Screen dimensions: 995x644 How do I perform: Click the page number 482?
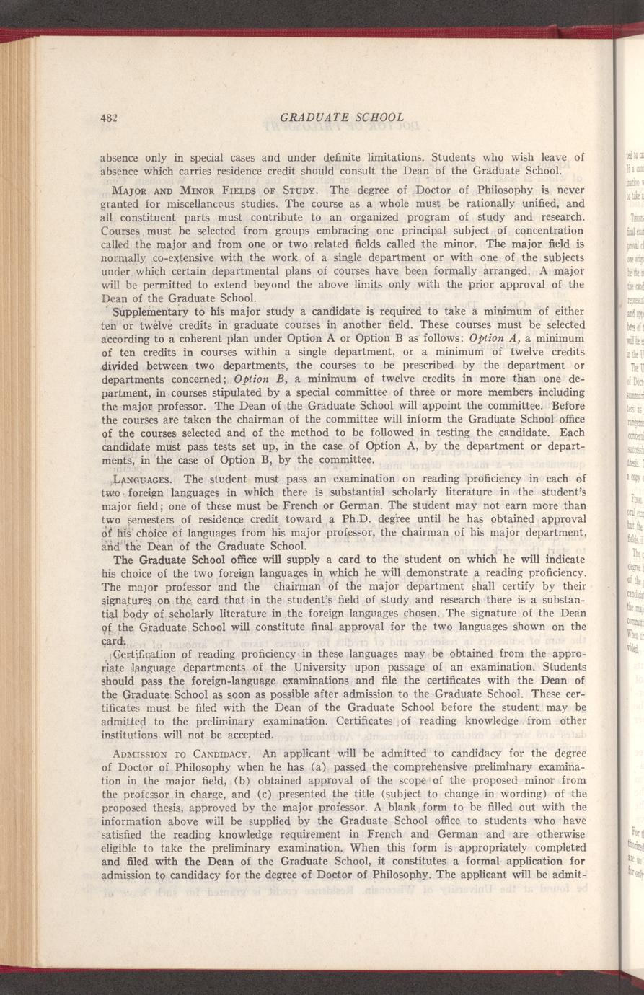coord(109,118)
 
